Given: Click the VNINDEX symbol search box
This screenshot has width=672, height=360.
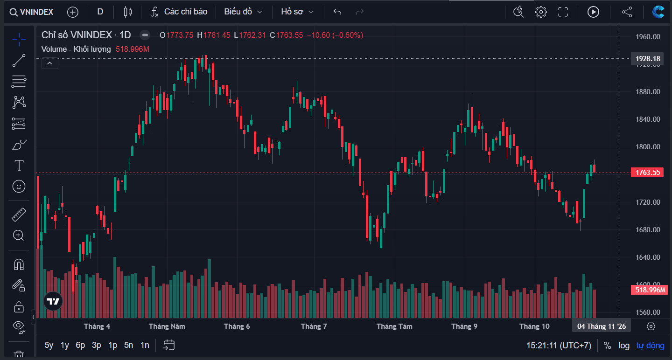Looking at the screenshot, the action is pyautogui.click(x=32, y=12).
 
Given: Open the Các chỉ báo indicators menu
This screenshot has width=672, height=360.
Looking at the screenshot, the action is pyautogui.click(x=179, y=12).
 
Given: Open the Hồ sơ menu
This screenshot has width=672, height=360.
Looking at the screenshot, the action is pyautogui.click(x=297, y=12).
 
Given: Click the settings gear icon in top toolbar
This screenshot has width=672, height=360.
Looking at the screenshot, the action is pyautogui.click(x=541, y=12).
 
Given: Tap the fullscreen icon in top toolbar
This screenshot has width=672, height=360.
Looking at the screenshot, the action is pyautogui.click(x=563, y=12).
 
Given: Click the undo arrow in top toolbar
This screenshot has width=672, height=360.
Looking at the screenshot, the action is pyautogui.click(x=337, y=12).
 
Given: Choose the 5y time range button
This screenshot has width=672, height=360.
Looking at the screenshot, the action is pyautogui.click(x=49, y=346).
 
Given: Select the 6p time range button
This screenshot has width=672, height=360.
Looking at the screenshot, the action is pyautogui.click(x=80, y=346).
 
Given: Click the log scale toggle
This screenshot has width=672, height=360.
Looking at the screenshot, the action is pyautogui.click(x=624, y=346).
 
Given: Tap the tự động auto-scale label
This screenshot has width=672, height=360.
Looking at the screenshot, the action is pyautogui.click(x=650, y=346).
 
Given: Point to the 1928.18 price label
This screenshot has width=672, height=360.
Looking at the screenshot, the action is pyautogui.click(x=648, y=58).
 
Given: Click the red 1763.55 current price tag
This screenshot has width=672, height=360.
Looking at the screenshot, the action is pyautogui.click(x=647, y=173).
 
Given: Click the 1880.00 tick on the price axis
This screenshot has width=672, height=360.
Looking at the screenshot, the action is pyautogui.click(x=648, y=92).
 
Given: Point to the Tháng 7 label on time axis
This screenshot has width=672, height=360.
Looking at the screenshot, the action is pyautogui.click(x=314, y=326).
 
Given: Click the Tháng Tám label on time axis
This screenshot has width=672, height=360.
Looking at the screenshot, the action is pyautogui.click(x=394, y=326).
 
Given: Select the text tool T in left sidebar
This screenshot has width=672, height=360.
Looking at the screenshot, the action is pyautogui.click(x=19, y=165).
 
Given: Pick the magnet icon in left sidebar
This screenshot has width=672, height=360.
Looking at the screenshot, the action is pyautogui.click(x=19, y=264).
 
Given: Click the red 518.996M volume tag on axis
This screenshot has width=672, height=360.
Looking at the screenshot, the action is pyautogui.click(x=650, y=290).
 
